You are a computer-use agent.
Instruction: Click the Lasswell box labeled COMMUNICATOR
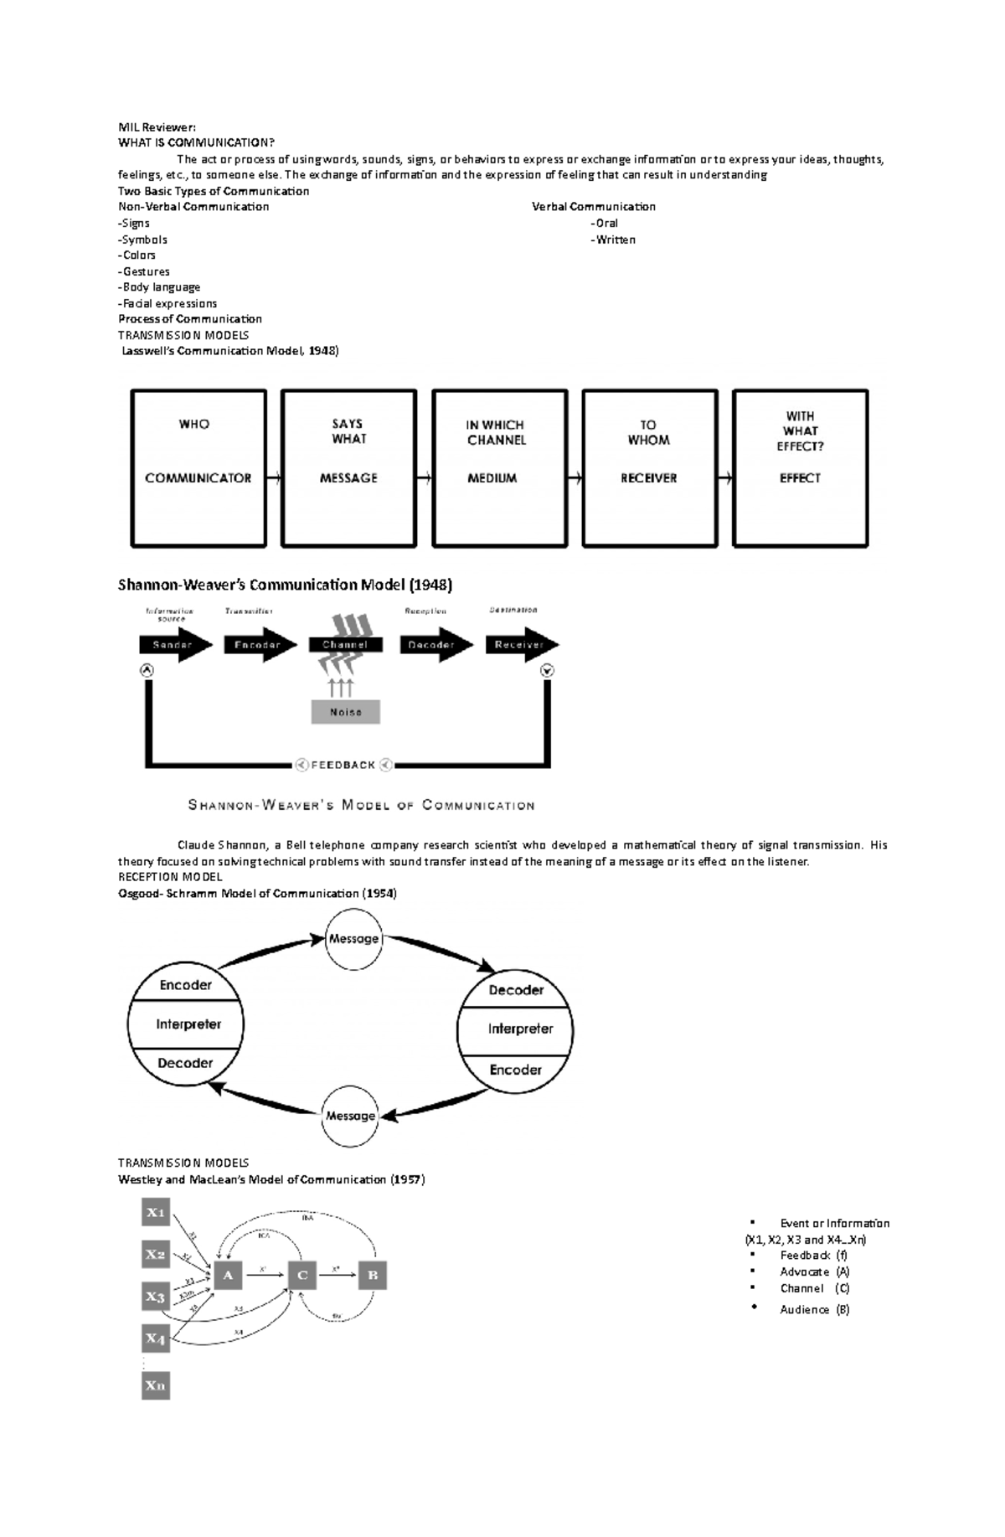click(198, 468)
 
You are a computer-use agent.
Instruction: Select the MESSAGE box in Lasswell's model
click(348, 468)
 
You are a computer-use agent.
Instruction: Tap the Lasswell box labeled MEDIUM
click(499, 468)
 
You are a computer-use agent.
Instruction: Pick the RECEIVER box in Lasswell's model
click(650, 468)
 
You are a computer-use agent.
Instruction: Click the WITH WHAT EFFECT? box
click(800, 468)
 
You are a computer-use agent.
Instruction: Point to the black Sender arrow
click(174, 645)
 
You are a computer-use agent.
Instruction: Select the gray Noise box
click(346, 712)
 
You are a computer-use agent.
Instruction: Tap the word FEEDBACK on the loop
click(343, 765)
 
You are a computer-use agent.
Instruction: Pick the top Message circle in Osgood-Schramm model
click(353, 939)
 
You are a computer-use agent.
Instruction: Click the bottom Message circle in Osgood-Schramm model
click(350, 1116)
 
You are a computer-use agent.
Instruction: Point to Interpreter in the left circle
click(188, 1024)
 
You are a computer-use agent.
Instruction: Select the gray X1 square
click(157, 1212)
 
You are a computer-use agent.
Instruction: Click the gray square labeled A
click(228, 1276)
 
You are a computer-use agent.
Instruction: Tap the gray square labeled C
click(302, 1276)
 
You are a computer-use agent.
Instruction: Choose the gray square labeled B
click(373, 1276)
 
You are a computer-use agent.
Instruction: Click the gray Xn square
click(157, 1385)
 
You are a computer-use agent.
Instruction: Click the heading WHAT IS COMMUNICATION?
click(196, 143)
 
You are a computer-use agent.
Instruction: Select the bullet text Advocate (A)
click(814, 1271)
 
